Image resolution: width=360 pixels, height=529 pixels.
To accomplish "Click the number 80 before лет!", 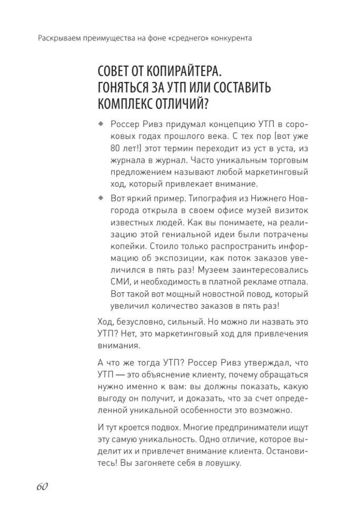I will (x=117, y=149).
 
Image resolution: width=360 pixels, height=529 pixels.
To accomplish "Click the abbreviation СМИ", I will (x=120, y=281).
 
